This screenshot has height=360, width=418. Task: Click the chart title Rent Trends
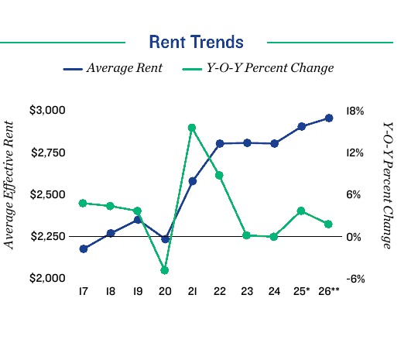(x=196, y=42)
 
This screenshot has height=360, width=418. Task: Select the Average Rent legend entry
(x=113, y=68)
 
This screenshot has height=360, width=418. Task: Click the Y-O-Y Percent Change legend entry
(x=258, y=68)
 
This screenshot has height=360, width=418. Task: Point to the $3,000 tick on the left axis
(x=48, y=111)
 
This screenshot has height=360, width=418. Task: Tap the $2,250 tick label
(x=48, y=236)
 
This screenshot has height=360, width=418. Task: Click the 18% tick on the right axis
(x=355, y=111)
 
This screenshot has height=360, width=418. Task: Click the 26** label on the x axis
(x=330, y=292)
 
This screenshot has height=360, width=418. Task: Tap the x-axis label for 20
(x=164, y=292)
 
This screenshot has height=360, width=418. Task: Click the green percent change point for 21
(x=192, y=128)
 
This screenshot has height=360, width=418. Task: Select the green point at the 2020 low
(x=165, y=270)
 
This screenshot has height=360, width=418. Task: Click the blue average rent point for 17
(x=83, y=249)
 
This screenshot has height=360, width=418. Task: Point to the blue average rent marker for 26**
(x=329, y=118)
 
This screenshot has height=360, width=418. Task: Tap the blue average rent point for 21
(x=192, y=181)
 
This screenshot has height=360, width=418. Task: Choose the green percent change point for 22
(x=219, y=175)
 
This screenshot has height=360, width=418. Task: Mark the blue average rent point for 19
(x=137, y=220)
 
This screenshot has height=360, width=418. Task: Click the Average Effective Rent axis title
(x=10, y=184)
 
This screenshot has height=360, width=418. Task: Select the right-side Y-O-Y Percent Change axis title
(x=388, y=184)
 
